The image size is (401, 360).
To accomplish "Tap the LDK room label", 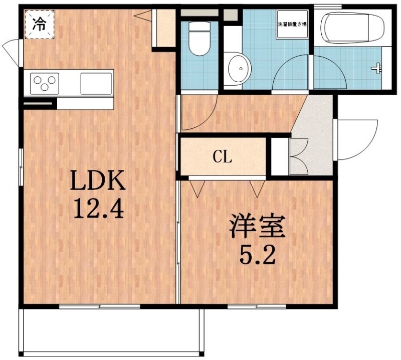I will point(97,182).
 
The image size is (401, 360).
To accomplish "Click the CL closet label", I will point(223,157).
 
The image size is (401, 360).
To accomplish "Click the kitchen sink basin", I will point(96,82).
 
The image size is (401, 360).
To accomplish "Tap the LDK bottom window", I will point(99,306).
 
